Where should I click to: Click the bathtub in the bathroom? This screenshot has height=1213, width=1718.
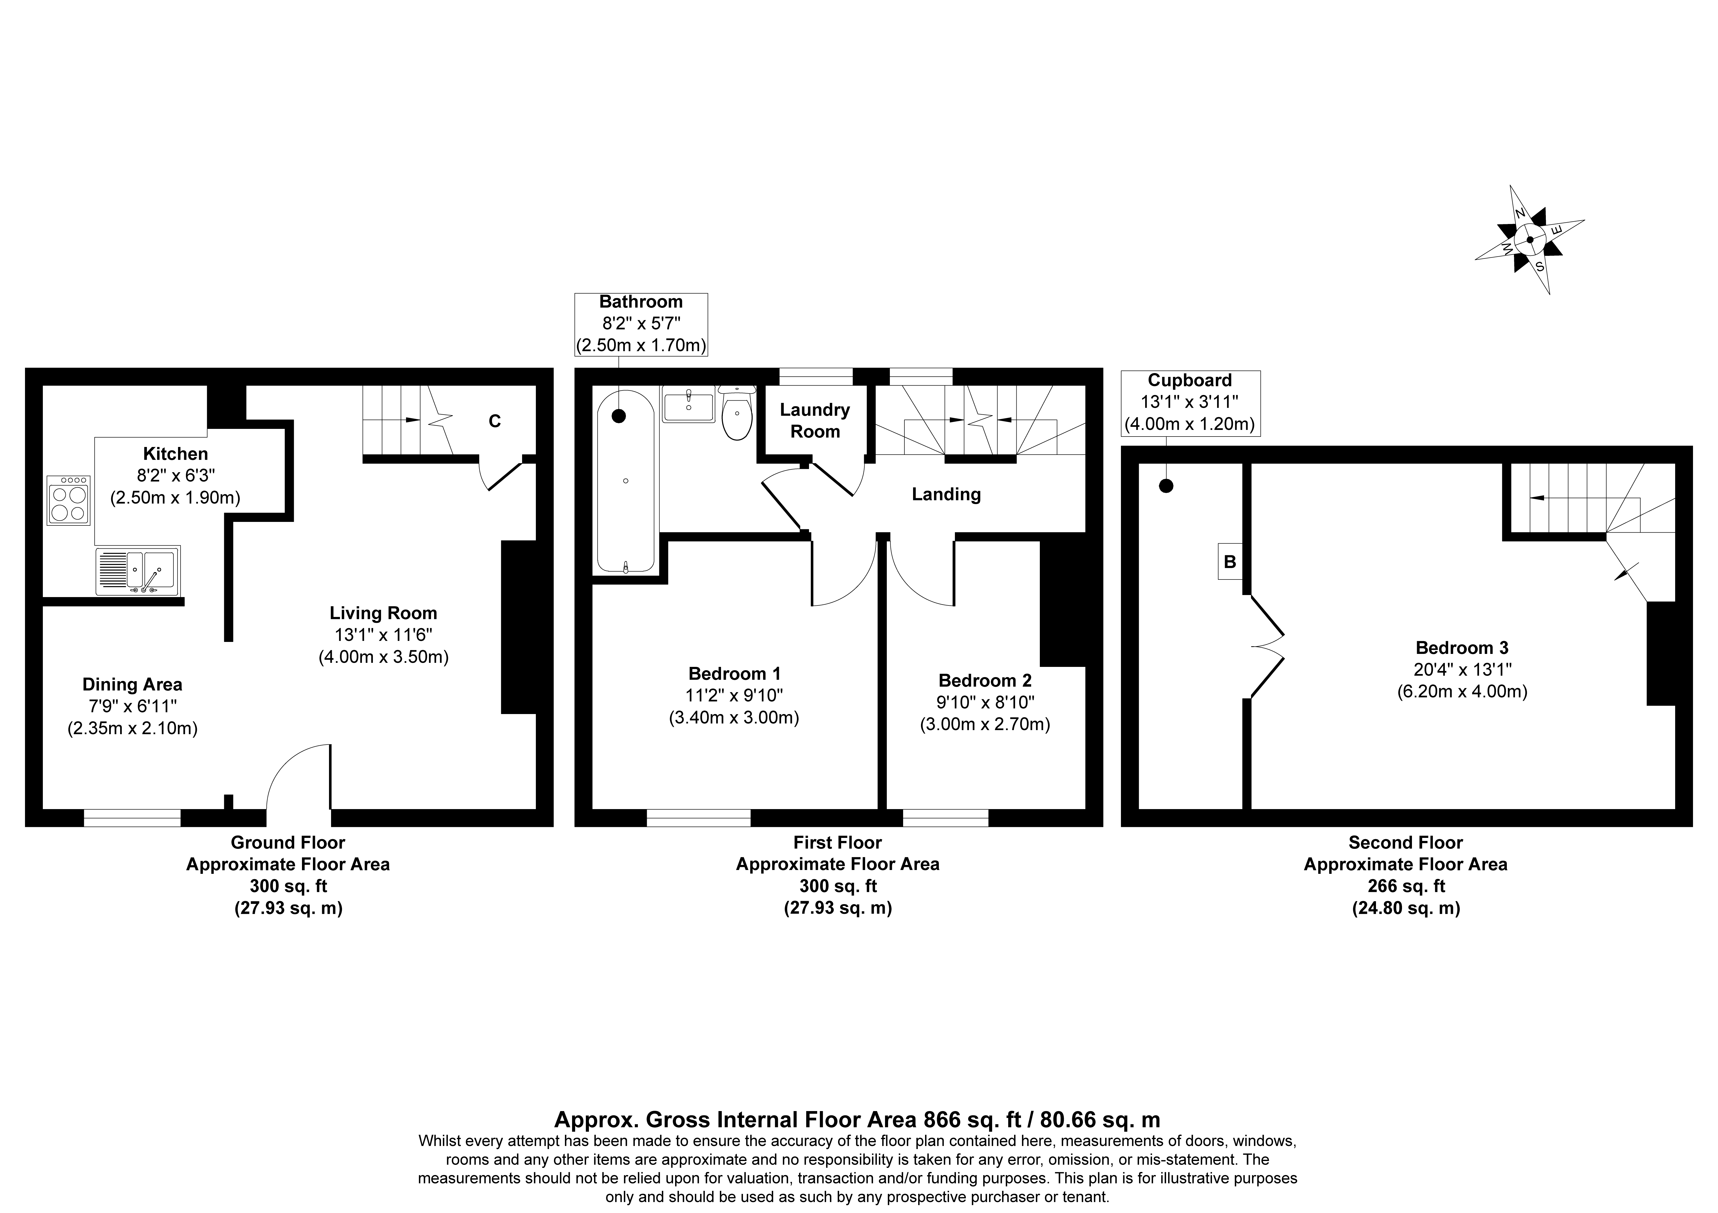pos(626,481)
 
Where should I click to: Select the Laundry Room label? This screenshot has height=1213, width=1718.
pos(815,420)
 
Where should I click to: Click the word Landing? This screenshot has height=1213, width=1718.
pos(946,494)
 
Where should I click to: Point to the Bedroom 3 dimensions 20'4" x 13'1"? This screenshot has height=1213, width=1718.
pos(1462,669)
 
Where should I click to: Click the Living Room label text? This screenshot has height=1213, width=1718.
pos(383,613)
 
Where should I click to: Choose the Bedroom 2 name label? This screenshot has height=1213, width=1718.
pos(985,681)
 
